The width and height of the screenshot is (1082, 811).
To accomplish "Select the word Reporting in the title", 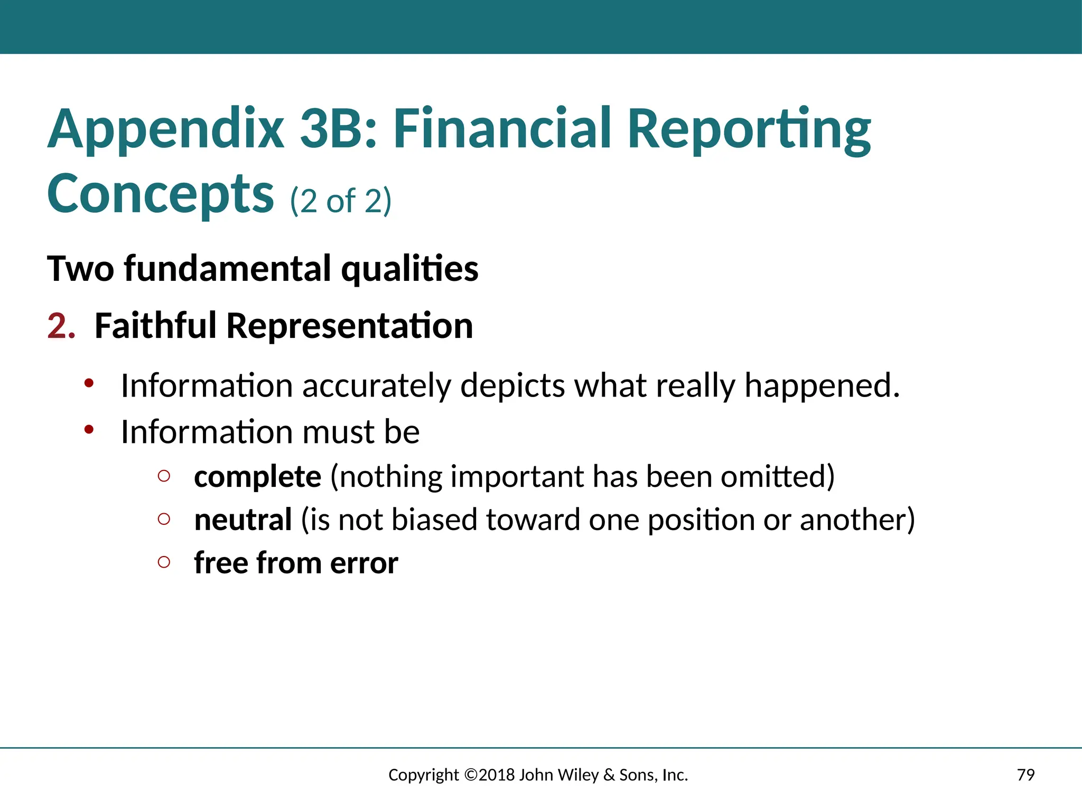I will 749,129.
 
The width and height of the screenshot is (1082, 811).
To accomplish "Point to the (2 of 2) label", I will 341,201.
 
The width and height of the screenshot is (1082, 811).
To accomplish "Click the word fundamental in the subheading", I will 227,268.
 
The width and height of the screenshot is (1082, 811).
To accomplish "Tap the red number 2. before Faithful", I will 61,326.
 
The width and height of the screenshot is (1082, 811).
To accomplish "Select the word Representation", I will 349,326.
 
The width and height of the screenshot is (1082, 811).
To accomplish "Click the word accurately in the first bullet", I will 376,385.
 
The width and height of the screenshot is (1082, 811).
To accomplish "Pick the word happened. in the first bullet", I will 822,385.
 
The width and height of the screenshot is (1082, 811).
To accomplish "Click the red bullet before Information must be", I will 89,430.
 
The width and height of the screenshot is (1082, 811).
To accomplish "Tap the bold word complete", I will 257,477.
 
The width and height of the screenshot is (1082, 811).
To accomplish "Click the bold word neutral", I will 243,520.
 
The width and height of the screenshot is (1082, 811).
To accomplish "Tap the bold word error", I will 364,563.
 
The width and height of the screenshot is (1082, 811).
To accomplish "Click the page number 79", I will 1025,775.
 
